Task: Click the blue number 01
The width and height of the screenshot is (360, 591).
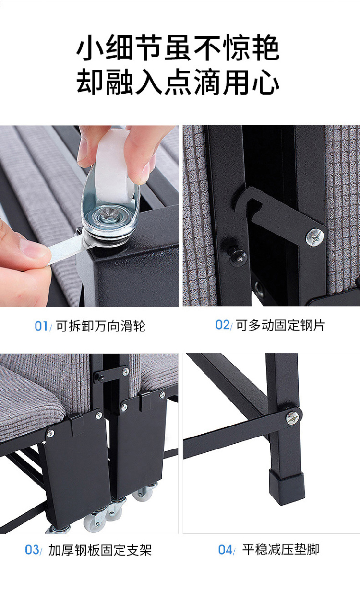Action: coord(41,326)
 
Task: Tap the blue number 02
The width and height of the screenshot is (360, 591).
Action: coord(222,325)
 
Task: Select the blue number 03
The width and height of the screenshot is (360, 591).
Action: coord(32,550)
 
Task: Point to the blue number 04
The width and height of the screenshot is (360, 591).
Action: coord(225,550)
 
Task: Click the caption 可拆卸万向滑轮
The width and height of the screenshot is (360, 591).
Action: coord(100,326)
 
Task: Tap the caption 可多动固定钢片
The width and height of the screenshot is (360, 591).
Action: coord(280,325)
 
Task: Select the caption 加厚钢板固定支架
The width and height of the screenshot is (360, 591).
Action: coord(100,550)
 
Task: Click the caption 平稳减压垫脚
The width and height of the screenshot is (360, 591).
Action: coord(281,550)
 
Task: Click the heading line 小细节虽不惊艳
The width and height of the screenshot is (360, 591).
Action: coord(178,48)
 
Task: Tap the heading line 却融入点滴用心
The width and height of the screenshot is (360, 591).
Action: coord(178,82)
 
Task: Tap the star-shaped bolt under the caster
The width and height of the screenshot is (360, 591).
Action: coord(109,213)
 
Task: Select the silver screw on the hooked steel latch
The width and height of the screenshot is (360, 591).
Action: coord(314,237)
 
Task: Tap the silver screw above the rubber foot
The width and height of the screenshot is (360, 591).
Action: coord(293,417)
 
